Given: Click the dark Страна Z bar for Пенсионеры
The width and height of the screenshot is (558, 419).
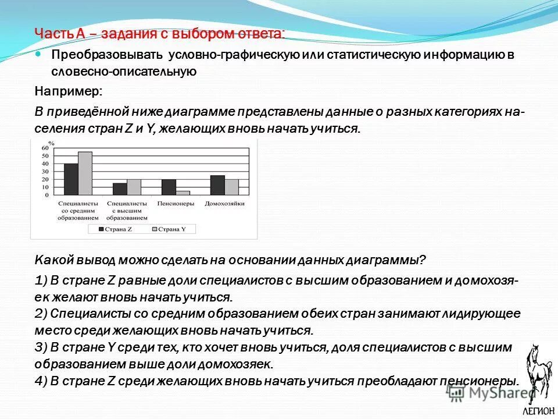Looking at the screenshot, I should point(169,187).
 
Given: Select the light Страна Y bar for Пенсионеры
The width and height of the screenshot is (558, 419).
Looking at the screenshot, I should point(183,193).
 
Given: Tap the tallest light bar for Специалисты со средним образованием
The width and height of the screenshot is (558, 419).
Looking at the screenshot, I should point(85,173).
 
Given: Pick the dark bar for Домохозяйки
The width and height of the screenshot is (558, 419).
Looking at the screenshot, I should point(217,185).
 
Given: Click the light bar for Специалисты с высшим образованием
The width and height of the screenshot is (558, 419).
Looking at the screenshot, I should point(134,187).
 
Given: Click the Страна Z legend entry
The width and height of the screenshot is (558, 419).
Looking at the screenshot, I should point(116,229).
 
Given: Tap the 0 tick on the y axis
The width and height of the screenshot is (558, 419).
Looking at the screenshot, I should point(47,195).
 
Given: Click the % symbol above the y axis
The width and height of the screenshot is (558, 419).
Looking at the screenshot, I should point(51,142).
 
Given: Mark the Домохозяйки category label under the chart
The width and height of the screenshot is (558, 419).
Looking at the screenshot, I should point(224,204).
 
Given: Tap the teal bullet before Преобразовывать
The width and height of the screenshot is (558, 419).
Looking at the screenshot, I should point(39,54).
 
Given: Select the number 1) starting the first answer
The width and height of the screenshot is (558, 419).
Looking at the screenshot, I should point(41,280).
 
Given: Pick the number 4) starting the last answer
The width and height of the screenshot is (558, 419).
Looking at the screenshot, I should point(41,381).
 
